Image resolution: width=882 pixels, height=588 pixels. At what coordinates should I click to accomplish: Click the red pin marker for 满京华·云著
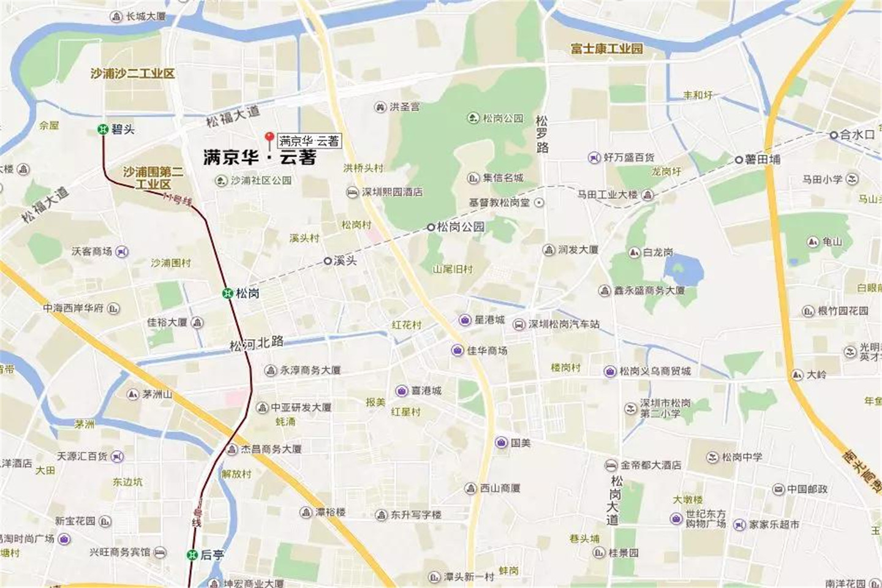268,138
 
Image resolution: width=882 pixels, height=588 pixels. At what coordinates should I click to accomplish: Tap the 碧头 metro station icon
103,129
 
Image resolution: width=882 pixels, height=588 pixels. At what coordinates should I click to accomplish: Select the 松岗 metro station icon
228,293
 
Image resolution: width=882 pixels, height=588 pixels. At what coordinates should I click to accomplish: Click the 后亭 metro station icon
192,555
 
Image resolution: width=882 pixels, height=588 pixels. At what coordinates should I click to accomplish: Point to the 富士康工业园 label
606,48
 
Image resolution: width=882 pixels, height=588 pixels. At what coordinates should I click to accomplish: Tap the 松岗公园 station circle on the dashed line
431,227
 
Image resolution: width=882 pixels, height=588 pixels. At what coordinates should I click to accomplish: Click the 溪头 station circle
328,261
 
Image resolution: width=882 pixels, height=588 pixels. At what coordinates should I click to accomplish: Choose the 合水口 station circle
834,135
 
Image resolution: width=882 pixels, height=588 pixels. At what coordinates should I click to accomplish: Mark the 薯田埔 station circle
739,159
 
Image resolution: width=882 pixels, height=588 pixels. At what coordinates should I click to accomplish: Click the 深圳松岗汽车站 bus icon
518,325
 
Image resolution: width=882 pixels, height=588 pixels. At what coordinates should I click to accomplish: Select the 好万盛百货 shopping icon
594,158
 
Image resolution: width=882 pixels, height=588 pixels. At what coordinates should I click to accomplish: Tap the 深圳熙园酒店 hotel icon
352,192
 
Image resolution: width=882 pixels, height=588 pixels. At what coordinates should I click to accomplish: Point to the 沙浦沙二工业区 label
132,73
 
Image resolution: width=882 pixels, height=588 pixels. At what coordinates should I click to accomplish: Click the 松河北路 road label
257,344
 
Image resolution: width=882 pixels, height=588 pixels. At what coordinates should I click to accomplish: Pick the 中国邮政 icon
778,489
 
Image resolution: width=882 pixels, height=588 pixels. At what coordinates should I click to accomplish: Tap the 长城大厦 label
146,17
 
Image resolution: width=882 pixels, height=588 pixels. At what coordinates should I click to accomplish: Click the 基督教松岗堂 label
499,202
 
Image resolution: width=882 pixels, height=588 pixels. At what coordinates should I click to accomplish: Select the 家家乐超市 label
774,524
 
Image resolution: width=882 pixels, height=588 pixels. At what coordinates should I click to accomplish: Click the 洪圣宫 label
405,107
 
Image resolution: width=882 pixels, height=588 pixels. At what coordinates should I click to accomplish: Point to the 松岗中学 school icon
712,457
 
